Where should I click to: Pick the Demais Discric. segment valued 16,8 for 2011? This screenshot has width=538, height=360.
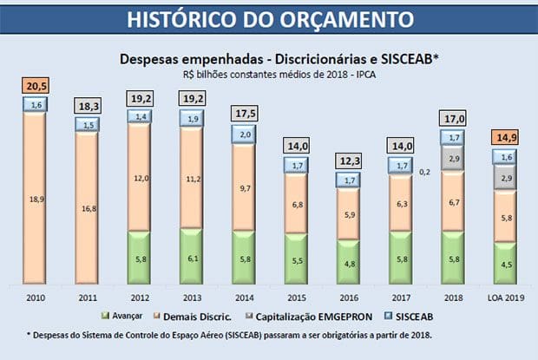pos(88,208)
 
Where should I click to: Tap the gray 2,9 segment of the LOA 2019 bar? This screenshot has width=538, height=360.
pos(508,177)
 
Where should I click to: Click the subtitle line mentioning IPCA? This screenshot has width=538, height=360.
pos(268,75)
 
